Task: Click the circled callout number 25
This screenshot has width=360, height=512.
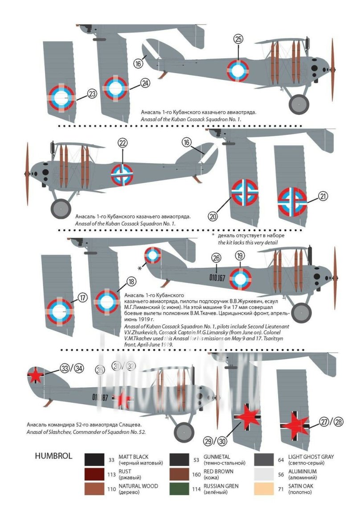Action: [238, 39]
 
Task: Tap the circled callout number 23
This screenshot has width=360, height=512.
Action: [92, 94]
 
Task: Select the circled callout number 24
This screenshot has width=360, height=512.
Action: [146, 83]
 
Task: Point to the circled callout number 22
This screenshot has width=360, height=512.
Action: [123, 143]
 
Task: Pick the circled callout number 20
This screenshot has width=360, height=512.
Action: [213, 216]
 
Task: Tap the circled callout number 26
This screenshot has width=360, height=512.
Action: [217, 258]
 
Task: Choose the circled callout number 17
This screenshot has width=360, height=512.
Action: [83, 298]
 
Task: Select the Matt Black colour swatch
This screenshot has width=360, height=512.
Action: [94, 459]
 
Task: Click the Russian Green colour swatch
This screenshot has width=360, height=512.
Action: [179, 488]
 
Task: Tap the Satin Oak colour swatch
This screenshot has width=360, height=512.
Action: [264, 488]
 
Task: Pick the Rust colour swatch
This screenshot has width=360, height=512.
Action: [94, 474]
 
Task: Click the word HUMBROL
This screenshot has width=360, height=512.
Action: [53, 457]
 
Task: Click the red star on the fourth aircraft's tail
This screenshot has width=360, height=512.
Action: [35, 376]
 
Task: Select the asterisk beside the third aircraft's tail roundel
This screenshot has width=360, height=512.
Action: [140, 268]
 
